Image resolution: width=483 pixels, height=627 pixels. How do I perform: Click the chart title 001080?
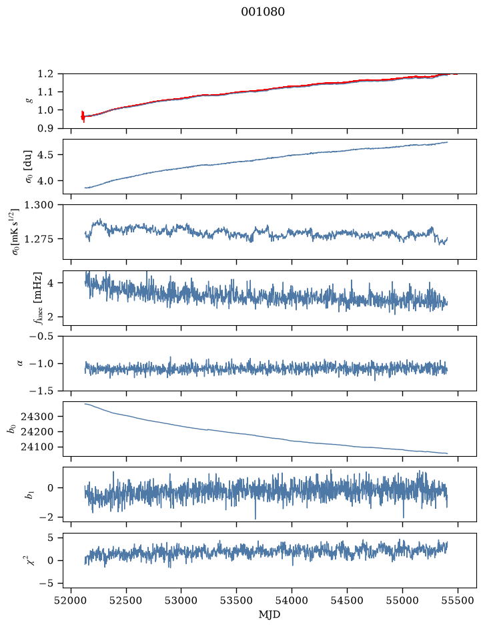(x=262, y=12)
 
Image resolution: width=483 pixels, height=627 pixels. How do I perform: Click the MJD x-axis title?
(x=270, y=614)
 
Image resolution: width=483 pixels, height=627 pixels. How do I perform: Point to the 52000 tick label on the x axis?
(x=71, y=600)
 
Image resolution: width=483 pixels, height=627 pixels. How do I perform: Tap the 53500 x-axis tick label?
(x=237, y=600)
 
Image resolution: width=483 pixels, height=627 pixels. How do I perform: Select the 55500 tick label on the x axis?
(x=458, y=600)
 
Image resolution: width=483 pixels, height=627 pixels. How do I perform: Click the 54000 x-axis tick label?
(x=292, y=600)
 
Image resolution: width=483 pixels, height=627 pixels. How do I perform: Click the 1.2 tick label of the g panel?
(x=45, y=73)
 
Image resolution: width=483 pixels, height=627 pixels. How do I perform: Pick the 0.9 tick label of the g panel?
(x=45, y=128)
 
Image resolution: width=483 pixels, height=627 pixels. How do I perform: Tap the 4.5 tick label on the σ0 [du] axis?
(x=45, y=155)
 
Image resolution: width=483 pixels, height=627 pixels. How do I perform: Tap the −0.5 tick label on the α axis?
(x=41, y=336)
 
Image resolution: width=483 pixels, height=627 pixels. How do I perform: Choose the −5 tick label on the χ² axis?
(x=46, y=584)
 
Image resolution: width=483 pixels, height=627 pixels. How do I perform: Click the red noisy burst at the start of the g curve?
(x=83, y=116)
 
